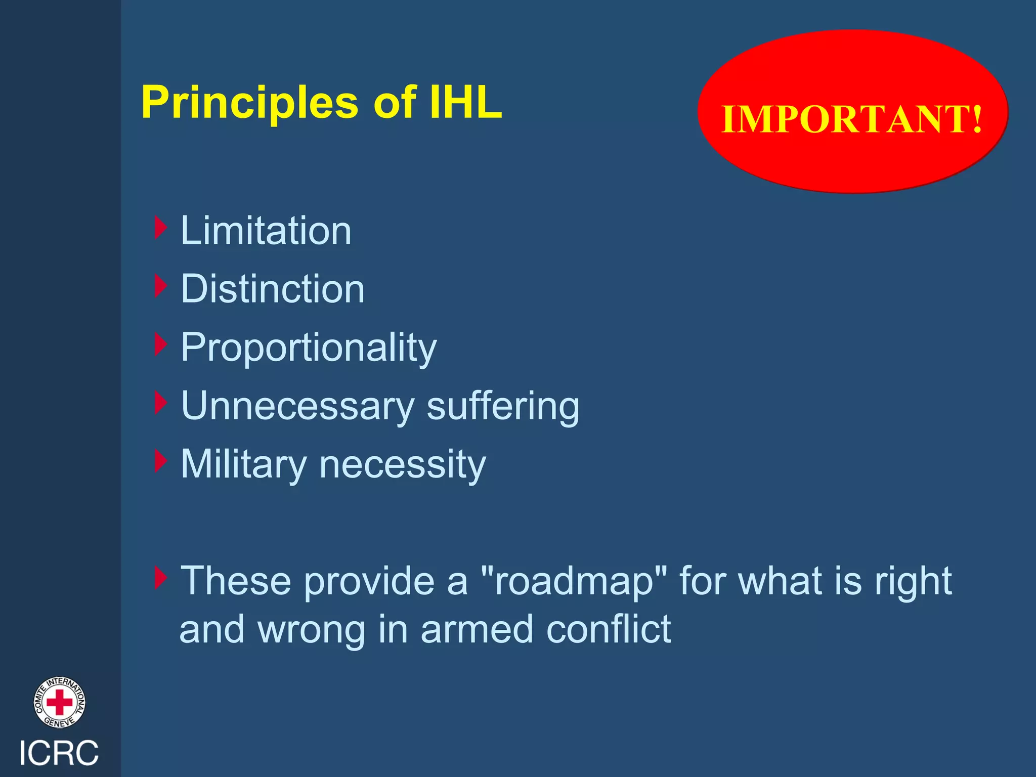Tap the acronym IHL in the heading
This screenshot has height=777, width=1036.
point(465,103)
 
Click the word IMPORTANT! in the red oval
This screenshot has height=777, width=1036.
point(852,119)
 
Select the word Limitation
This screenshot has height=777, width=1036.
point(266,231)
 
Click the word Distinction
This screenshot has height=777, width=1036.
point(273,289)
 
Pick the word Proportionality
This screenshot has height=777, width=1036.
point(309,349)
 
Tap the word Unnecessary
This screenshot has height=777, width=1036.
point(297,406)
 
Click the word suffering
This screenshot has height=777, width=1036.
point(503,407)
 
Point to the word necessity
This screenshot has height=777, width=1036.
point(403,464)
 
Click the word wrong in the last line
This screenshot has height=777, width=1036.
point(311,630)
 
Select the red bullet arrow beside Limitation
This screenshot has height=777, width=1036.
point(160,228)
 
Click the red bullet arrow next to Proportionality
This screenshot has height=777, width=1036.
point(160,344)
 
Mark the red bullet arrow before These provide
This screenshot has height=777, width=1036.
point(160,578)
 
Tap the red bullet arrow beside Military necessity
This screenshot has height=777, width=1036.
point(160,461)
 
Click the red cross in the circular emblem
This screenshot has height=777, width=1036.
point(60,703)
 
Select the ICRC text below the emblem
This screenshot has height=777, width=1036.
point(59,753)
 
